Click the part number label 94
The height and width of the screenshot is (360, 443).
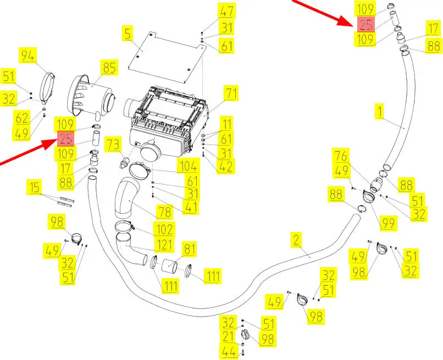coord(28,55)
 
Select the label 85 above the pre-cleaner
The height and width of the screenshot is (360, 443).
coord(109,68)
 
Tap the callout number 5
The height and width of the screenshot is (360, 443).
coord(128,34)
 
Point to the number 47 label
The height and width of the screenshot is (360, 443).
coord(226,11)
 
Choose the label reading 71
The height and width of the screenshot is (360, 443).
coord(230,93)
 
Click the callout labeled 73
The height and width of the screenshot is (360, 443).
coord(113,145)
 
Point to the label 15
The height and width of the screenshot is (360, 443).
coord(35,189)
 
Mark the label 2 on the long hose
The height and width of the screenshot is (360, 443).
coord(296,239)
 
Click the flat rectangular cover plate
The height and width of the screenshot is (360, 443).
coord(165,52)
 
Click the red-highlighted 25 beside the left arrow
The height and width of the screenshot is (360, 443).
coord(65,139)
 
